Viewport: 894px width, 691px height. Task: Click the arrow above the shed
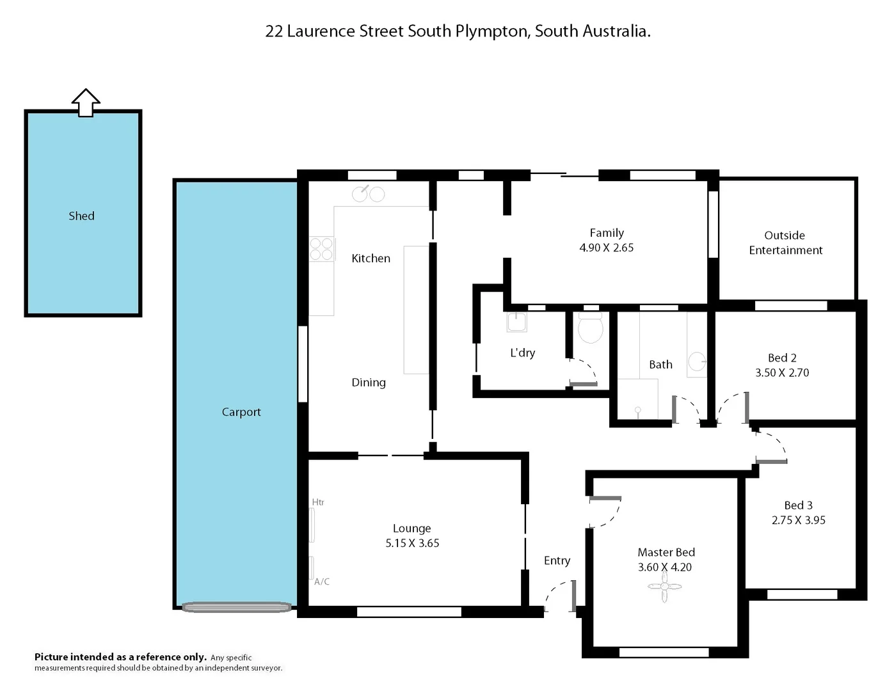click(x=86, y=102)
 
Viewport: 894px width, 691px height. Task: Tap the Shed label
click(x=81, y=216)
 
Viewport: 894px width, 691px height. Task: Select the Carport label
click(x=241, y=412)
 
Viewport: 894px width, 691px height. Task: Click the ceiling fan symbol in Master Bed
click(x=664, y=587)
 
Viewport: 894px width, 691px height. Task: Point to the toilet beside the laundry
click(x=590, y=328)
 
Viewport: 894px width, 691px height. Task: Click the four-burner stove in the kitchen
click(x=322, y=249)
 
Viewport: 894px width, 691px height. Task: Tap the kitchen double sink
click(x=369, y=193)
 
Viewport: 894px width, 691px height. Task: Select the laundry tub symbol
click(x=516, y=322)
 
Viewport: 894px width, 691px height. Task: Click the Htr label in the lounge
click(x=318, y=502)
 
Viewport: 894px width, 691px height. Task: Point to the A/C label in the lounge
click(x=322, y=582)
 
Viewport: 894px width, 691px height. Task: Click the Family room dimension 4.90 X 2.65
click(x=606, y=248)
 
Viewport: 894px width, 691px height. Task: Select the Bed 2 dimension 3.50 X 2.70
click(x=782, y=372)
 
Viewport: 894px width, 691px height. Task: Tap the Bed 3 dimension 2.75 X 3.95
click(x=798, y=520)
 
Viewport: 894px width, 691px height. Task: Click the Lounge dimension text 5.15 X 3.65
click(x=412, y=543)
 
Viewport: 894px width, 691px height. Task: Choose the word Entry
click(x=557, y=560)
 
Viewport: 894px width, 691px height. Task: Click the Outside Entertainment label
click(x=785, y=242)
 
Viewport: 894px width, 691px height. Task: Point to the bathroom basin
click(x=697, y=362)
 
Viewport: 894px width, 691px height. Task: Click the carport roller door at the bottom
click(x=237, y=607)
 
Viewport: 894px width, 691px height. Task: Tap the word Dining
click(x=369, y=383)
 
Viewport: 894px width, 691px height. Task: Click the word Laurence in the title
click(x=321, y=31)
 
